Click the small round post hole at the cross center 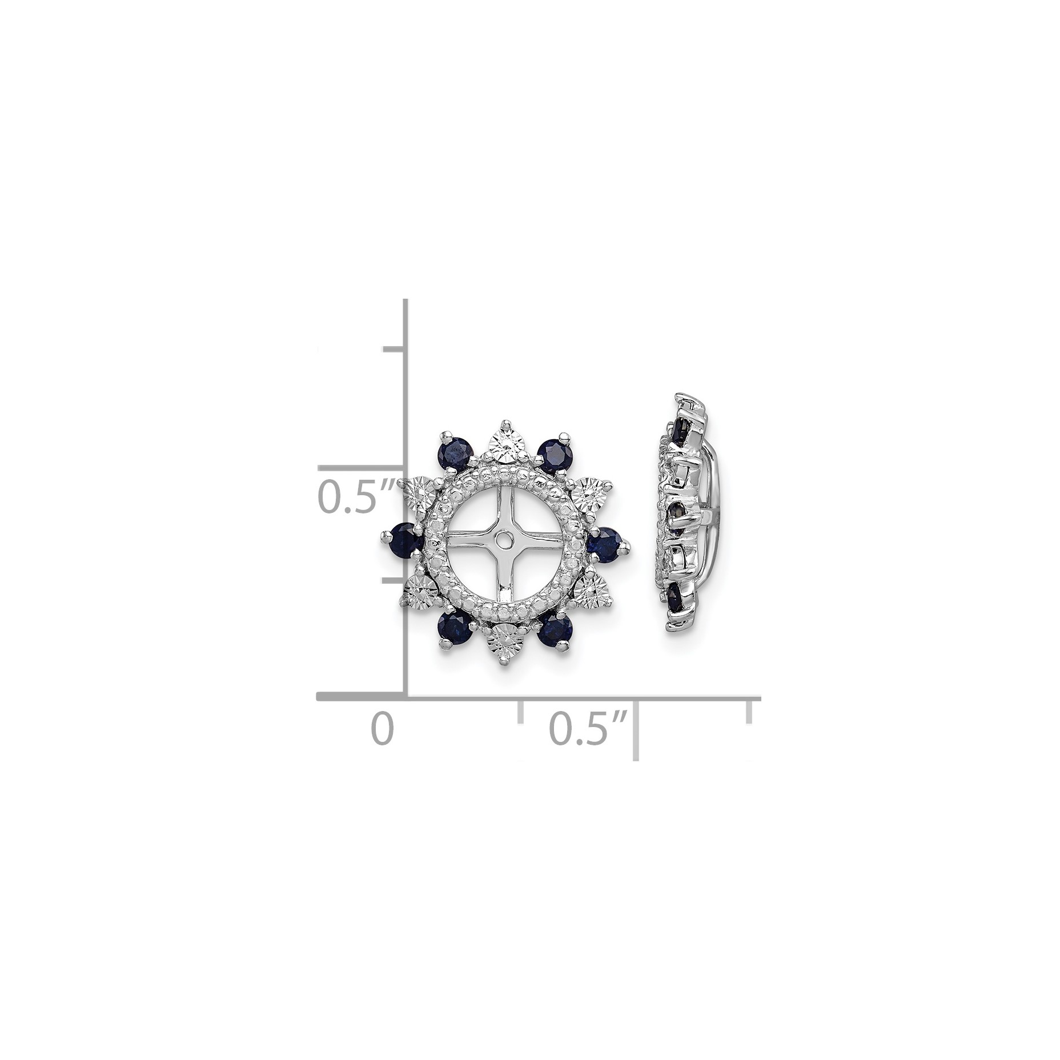(x=504, y=539)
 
